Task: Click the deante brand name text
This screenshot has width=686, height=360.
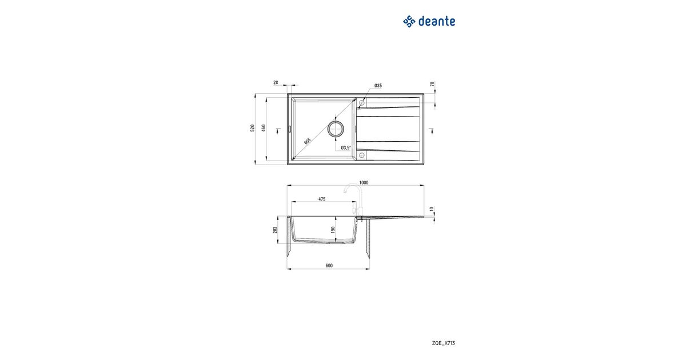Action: coord(436,22)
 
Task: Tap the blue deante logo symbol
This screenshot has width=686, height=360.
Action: coord(409,22)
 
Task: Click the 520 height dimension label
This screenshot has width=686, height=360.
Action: coord(253,128)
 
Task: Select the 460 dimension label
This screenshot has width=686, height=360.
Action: coord(264,128)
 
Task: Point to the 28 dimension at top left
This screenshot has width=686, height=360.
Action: coord(276,83)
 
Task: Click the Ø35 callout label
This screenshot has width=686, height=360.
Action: coord(378,86)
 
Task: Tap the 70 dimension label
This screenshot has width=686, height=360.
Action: coord(432,84)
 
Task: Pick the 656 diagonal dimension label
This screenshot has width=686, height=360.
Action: coord(307,141)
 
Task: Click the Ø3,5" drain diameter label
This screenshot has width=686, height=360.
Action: coord(346,148)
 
